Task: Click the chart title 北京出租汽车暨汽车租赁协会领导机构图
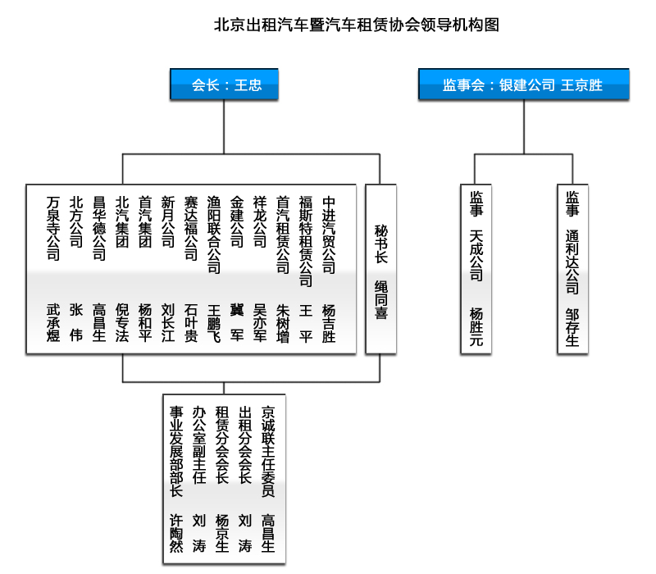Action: coord(356,25)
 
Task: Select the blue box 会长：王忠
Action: coord(225,84)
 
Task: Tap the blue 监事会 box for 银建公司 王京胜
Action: coord(523,84)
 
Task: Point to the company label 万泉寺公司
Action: coord(53,228)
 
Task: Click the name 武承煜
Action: coord(53,322)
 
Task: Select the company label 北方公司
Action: coord(76,221)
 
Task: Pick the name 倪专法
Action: coord(122,322)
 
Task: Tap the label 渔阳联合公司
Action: coord(213,235)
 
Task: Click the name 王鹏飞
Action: coord(213,322)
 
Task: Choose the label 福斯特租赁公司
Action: coord(305,240)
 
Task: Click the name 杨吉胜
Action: coord(329,322)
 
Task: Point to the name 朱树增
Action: coord(282,322)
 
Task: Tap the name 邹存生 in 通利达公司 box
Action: coord(572,327)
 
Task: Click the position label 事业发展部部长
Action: coord(176,451)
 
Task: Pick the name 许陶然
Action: coord(176,533)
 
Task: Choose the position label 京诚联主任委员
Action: coord(267,451)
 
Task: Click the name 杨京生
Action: coord(221,533)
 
